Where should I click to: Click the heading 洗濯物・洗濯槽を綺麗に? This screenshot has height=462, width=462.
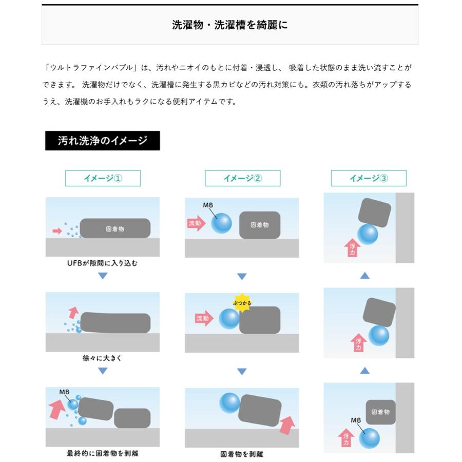[229, 25]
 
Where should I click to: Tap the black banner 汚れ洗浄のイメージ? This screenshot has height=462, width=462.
[102, 141]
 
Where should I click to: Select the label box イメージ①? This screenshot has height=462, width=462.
[103, 178]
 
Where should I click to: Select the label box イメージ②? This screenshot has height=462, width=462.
[242, 178]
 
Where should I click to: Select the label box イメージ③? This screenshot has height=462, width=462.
[369, 178]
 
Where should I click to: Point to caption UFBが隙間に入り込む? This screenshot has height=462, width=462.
[103, 263]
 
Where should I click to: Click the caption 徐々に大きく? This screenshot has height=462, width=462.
[103, 358]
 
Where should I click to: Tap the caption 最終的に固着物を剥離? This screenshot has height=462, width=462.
[103, 453]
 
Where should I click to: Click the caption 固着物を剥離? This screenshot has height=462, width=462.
[242, 454]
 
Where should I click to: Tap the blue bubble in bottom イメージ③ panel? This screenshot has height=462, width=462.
[369, 437]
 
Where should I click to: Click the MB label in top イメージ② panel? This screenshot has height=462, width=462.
[208, 205]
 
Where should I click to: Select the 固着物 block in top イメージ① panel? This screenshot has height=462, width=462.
[115, 228]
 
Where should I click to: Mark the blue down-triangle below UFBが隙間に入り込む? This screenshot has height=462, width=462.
[103, 276]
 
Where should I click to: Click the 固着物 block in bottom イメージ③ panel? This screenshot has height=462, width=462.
[380, 412]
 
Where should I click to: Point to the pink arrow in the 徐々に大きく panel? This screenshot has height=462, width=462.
[73, 312]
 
